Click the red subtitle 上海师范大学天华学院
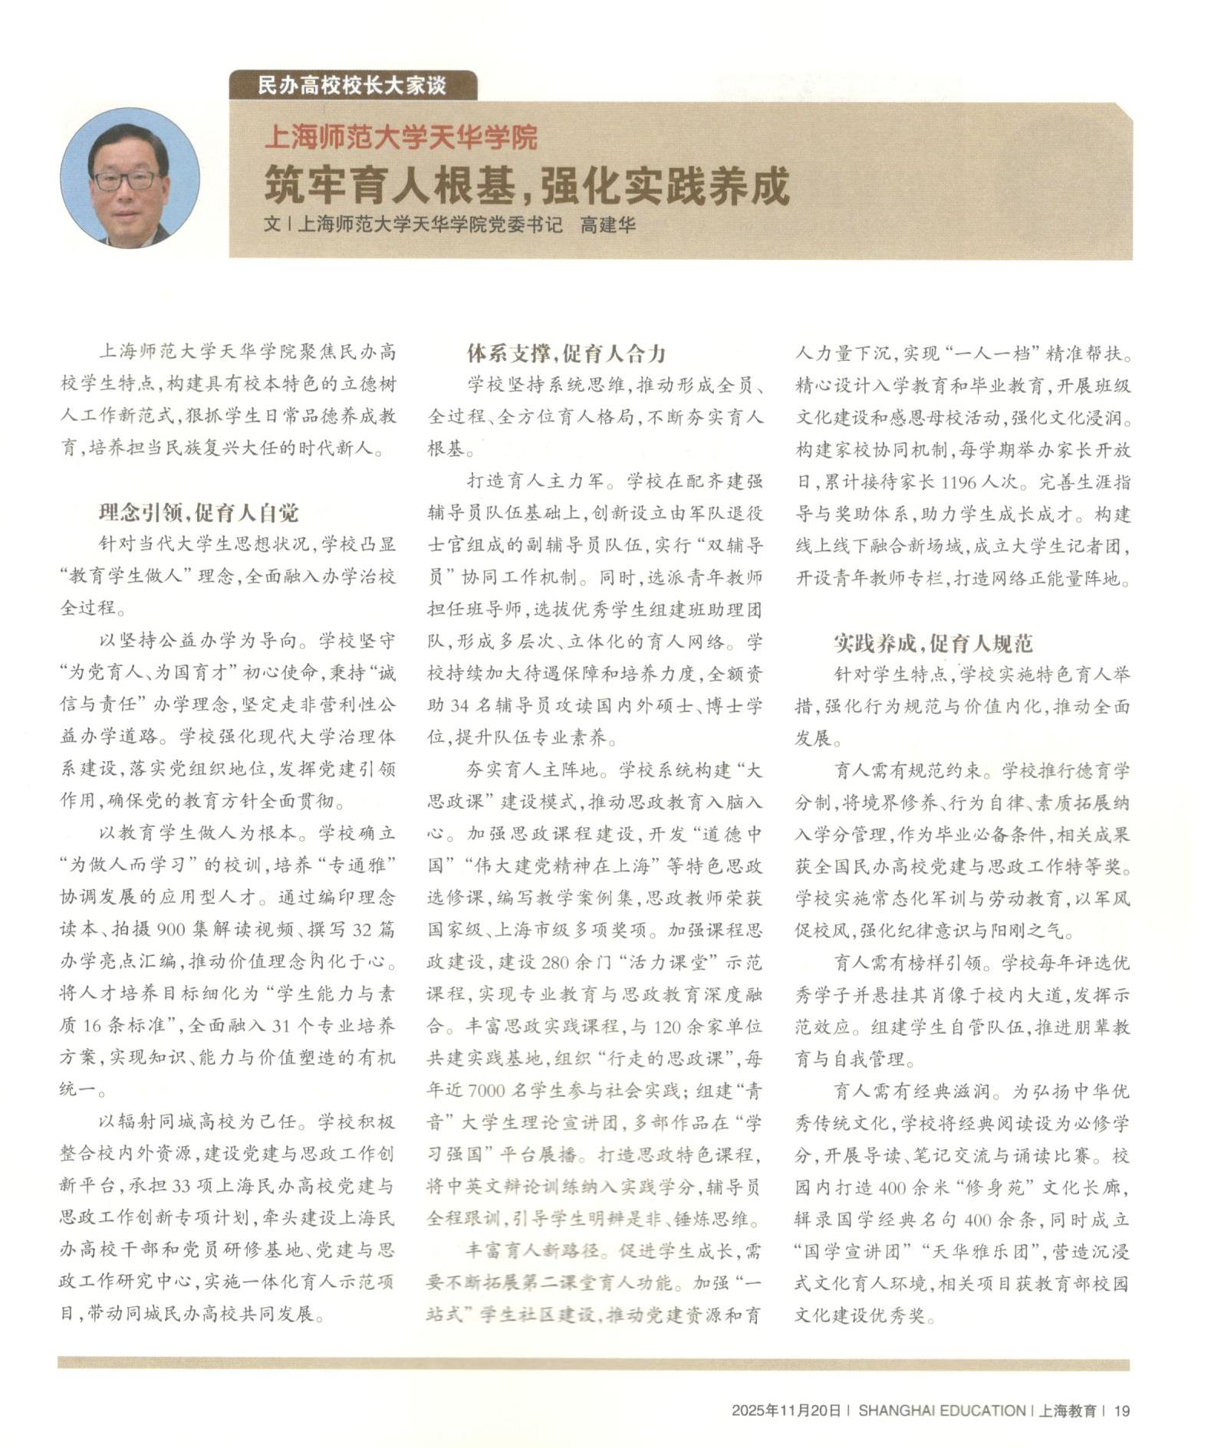(400, 138)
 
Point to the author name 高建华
(607, 225)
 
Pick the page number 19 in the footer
(1122, 1410)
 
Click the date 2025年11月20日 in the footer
(786, 1410)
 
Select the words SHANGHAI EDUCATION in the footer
(941, 1410)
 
